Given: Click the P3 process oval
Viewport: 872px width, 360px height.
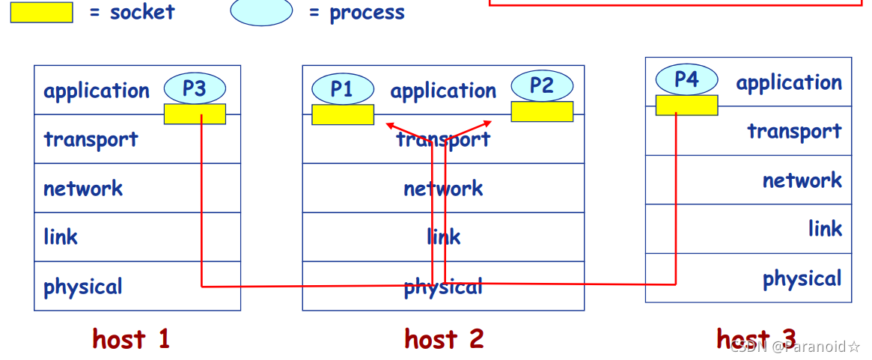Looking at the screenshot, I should pos(195,89).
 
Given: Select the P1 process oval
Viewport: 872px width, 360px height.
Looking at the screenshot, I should pos(342,90).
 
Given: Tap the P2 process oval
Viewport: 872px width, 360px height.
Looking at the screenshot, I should pos(542,85).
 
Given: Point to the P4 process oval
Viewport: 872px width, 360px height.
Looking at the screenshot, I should pos(686,79).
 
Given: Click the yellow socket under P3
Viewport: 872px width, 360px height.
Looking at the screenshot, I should pos(195,114).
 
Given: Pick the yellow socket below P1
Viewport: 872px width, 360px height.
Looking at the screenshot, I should pos(343,115).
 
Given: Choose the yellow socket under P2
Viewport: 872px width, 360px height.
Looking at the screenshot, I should pos(542,112).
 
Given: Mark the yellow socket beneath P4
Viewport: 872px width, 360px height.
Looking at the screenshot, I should pos(686,106).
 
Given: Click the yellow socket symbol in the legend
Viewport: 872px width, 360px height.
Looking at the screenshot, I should pos(42,13).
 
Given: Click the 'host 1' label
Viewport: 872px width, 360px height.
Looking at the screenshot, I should pos(131,339).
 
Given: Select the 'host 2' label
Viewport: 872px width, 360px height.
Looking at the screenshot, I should pos(444,339).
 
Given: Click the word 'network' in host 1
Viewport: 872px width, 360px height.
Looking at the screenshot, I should pos(83,188).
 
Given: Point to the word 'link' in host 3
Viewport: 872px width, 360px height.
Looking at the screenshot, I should pos(825,229).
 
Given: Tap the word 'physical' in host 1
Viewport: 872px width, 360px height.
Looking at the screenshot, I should pos(83,287).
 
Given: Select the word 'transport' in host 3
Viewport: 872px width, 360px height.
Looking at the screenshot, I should pos(794,132).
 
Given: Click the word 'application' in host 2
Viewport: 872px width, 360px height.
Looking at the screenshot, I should pos(443,91).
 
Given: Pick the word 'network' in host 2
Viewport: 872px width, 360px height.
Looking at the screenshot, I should pos(443,188).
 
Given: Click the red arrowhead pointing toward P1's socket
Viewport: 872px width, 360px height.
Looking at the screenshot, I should pos(389,125).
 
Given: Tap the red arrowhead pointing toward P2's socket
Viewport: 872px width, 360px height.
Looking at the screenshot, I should pos(488,123).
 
